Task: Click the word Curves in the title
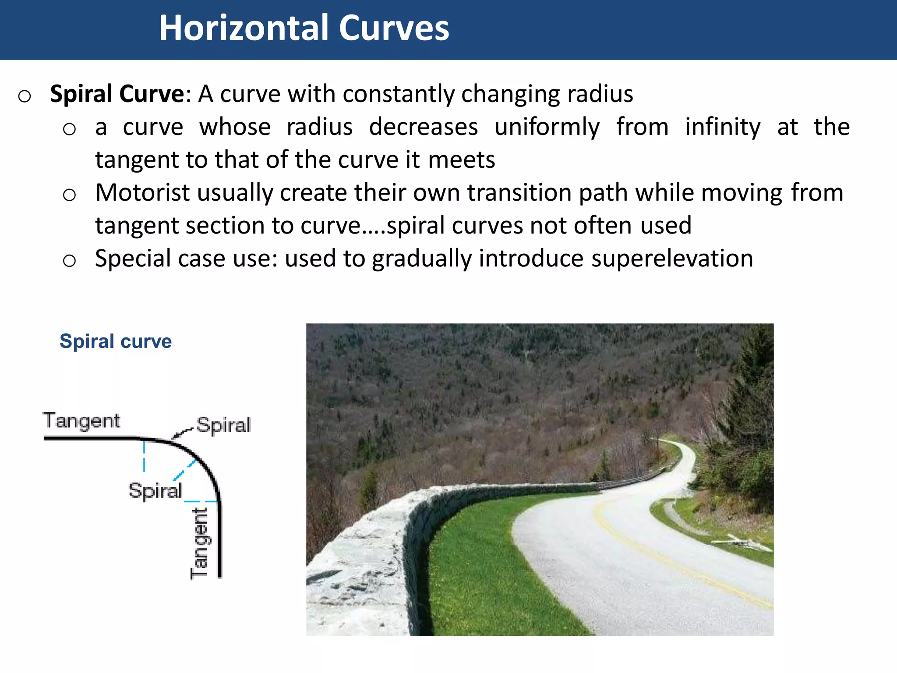[x=394, y=28]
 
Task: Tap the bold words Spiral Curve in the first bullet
[x=117, y=94]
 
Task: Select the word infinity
[x=723, y=127]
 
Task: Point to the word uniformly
[x=547, y=127]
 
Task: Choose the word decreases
[x=423, y=127]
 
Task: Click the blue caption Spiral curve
[x=116, y=341]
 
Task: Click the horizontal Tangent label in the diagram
[x=81, y=421]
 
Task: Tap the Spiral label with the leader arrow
[x=223, y=425]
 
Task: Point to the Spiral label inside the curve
[x=155, y=491]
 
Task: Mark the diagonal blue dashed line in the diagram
[x=184, y=470]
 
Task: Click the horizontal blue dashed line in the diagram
[x=201, y=501]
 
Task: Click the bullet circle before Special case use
[x=69, y=260]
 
